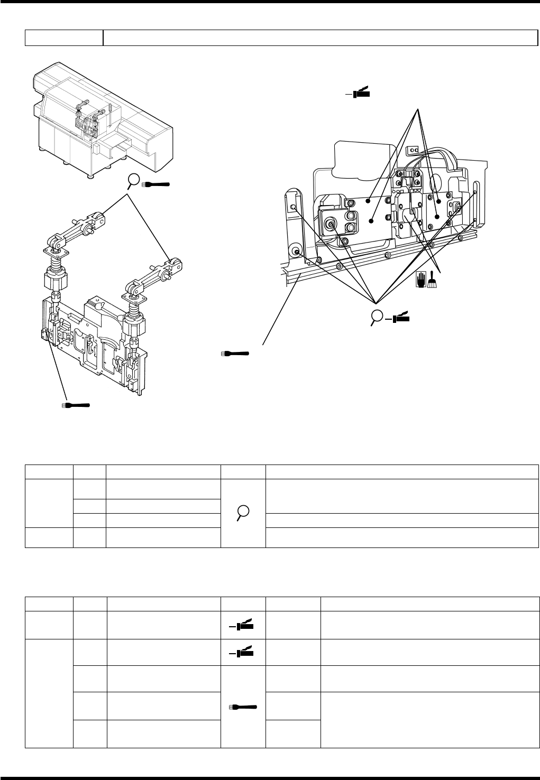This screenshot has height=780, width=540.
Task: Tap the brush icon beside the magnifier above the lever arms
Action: click(x=157, y=184)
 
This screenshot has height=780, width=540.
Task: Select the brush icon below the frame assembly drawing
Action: click(x=76, y=405)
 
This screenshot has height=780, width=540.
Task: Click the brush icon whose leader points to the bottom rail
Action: click(x=235, y=352)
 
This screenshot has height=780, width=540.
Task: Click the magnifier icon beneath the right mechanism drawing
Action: click(x=377, y=316)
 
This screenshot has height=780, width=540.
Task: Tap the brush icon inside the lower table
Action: click(x=243, y=705)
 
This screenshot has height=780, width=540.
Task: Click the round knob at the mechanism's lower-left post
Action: click(x=295, y=251)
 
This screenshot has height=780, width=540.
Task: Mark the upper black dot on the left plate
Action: click(x=368, y=201)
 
